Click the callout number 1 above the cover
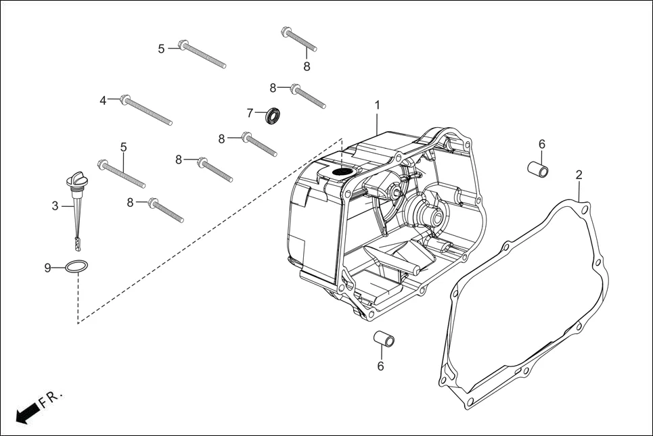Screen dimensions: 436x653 [377, 105]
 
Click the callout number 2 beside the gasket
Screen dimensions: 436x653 [579, 175]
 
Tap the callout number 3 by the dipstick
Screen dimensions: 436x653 [55, 206]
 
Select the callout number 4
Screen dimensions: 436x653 [104, 100]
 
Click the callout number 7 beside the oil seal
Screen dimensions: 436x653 [250, 112]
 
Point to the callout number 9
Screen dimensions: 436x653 [48, 268]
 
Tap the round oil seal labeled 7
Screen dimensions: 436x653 [273, 116]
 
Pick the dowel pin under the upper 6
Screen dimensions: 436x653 [538, 168]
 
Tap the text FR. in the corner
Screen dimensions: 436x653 [51, 398]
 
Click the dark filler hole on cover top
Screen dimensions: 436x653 [342, 172]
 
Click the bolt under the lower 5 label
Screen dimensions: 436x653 [122, 174]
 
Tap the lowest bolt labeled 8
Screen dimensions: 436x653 [166, 211]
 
